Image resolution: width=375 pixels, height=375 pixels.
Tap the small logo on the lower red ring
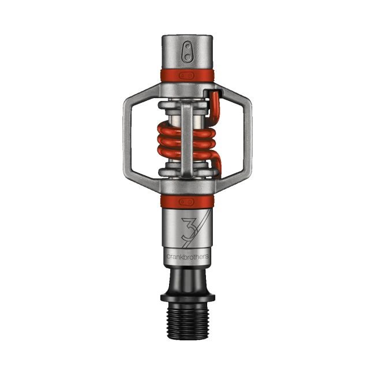tap(186, 201)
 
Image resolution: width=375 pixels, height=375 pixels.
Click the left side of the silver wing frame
tap(127, 138)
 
